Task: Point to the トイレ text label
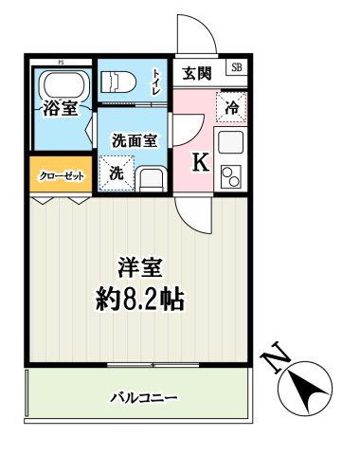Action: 156,82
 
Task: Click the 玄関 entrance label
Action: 196,72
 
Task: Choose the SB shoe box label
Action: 236,68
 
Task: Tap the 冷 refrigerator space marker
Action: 231,107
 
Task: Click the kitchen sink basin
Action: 230,143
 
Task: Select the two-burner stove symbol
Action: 230,176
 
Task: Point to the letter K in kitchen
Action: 200,162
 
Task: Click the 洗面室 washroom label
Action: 134,139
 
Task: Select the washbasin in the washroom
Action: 151,177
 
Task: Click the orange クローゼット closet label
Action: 61,176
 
